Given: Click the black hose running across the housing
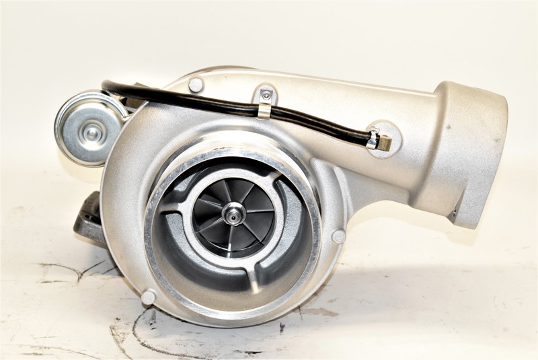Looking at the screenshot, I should [202, 101].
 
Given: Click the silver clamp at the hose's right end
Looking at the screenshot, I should [372, 139].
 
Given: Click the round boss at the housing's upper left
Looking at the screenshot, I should [196, 85].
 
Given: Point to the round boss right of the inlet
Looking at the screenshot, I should [338, 236].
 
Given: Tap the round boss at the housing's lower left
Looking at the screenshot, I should [148, 297].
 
